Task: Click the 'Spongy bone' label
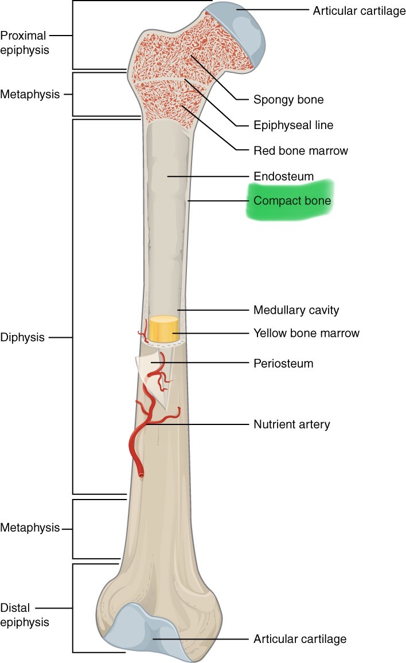tap(288, 100)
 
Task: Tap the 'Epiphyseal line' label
tap(293, 125)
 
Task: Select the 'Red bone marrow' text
tap(300, 151)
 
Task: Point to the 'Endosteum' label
tap(283, 177)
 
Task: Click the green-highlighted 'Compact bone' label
tap(292, 201)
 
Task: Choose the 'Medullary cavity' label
tap(296, 310)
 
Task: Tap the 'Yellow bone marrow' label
tap(306, 333)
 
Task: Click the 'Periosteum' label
tap(283, 364)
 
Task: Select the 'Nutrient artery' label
tap(291, 424)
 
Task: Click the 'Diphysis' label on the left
tap(22, 337)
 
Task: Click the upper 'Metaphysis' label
tap(30, 94)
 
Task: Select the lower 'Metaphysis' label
tap(30, 527)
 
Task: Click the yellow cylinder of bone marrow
tap(163, 329)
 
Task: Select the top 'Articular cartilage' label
tap(358, 11)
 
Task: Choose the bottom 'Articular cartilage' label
tap(299, 638)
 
